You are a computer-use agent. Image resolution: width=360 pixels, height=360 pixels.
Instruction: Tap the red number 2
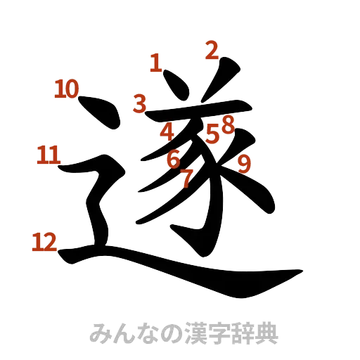[212, 50]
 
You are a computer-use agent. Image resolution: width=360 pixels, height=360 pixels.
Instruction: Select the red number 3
[140, 104]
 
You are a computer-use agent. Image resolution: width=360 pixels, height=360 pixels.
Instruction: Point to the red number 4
[167, 131]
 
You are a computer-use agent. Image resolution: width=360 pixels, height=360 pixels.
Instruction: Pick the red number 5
[213, 133]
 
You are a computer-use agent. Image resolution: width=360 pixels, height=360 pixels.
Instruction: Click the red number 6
[173, 160]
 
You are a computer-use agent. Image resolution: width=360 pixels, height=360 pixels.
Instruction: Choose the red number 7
[186, 178]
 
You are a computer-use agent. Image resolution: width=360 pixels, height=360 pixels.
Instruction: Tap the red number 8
[226, 124]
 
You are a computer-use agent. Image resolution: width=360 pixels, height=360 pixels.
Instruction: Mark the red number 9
[244, 163]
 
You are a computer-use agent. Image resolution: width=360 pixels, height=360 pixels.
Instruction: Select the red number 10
[67, 89]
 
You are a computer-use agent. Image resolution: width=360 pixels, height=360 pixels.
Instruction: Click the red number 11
[49, 155]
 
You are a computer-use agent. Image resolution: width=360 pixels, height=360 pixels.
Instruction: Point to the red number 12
[44, 243]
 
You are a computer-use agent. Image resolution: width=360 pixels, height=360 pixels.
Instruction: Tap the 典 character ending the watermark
[266, 333]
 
